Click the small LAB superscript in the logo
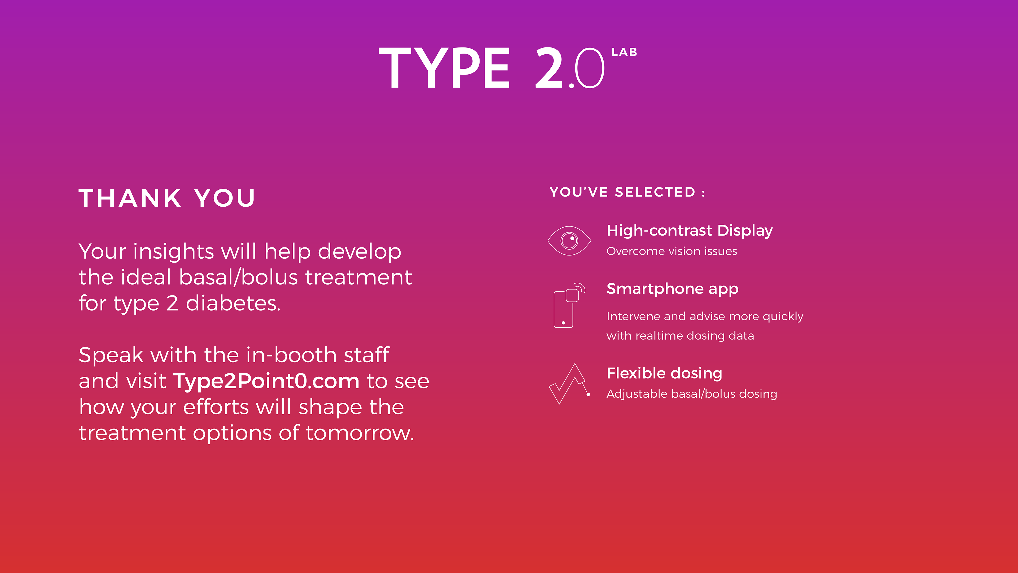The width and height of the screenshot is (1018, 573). click(624, 52)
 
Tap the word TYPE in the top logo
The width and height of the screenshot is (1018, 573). click(445, 68)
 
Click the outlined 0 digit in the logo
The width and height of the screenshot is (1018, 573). click(590, 68)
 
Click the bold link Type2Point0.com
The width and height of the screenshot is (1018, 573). click(266, 381)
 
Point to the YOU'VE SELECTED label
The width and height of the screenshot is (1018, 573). click(627, 192)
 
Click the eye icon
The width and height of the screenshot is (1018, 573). click(569, 240)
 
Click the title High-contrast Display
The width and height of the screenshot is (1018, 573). click(690, 231)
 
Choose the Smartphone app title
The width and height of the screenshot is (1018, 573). click(672, 289)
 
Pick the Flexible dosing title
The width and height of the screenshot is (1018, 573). click(664, 373)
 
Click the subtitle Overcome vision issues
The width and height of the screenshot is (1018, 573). click(672, 251)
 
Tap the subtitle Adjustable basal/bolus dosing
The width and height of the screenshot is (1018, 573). click(692, 394)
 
